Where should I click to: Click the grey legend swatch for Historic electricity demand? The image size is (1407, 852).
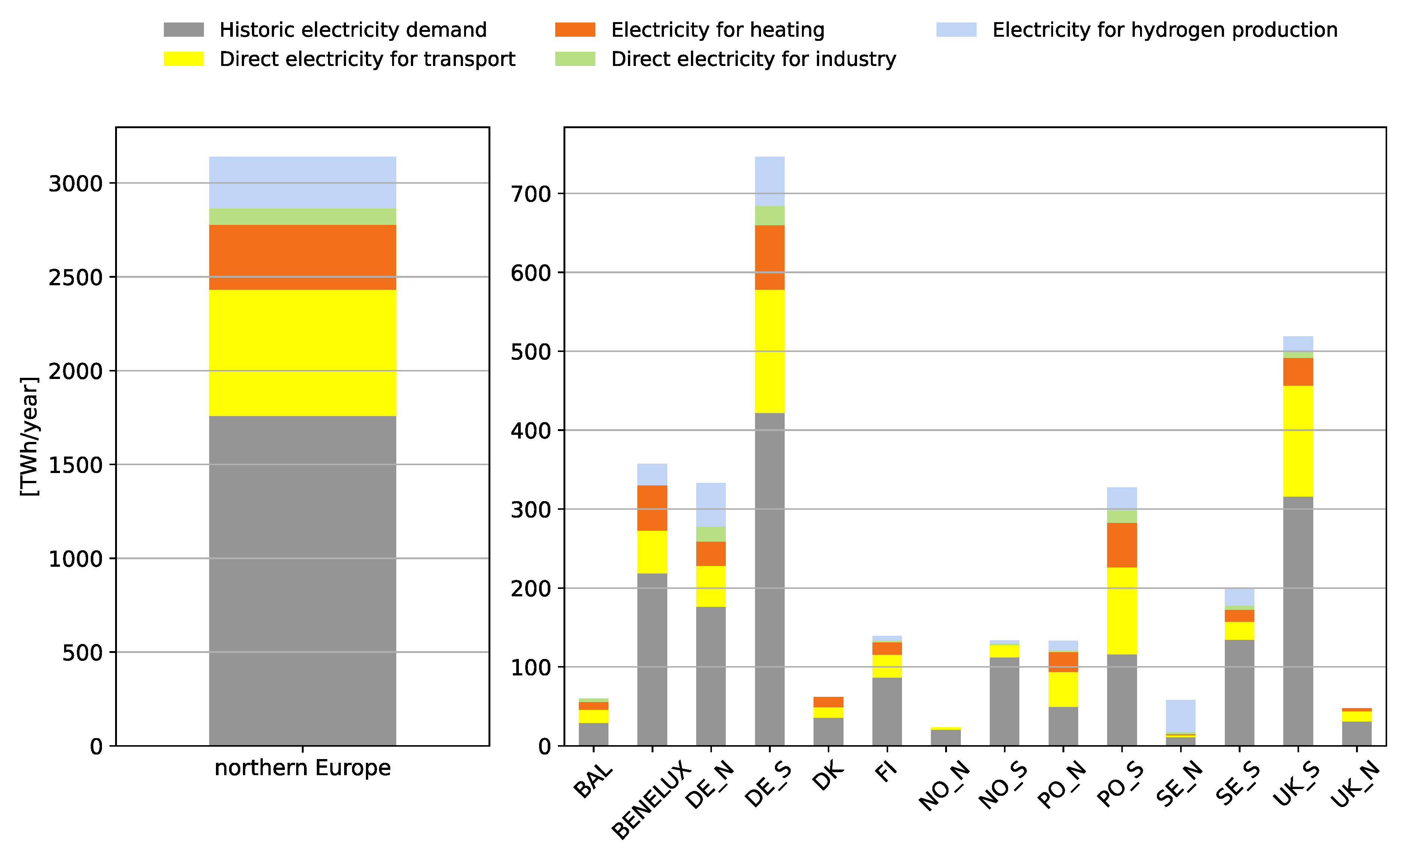[183, 30]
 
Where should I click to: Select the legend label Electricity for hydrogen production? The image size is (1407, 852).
[1164, 30]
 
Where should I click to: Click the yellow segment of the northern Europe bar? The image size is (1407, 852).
[302, 352]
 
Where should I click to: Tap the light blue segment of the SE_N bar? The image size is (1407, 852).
[1180, 715]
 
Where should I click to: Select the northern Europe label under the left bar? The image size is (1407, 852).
[302, 768]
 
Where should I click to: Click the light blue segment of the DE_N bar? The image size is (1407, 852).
[710, 504]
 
